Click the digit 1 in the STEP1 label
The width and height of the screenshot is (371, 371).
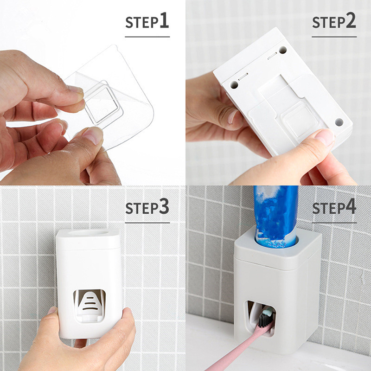(164, 20)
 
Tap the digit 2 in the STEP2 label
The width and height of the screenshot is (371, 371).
(351, 20)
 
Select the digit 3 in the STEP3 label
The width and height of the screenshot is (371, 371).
(164, 206)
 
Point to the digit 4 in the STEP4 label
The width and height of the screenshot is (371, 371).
(351, 206)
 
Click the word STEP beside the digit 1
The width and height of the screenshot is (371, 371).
(142, 22)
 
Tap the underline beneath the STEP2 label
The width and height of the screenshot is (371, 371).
(334, 37)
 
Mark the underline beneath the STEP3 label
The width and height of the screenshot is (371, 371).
(147, 223)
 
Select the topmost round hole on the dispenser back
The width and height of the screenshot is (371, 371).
(282, 50)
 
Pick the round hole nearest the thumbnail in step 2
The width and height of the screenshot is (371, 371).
(339, 122)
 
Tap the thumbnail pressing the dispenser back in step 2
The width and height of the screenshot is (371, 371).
(325, 138)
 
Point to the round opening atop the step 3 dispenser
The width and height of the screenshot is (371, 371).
(88, 233)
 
